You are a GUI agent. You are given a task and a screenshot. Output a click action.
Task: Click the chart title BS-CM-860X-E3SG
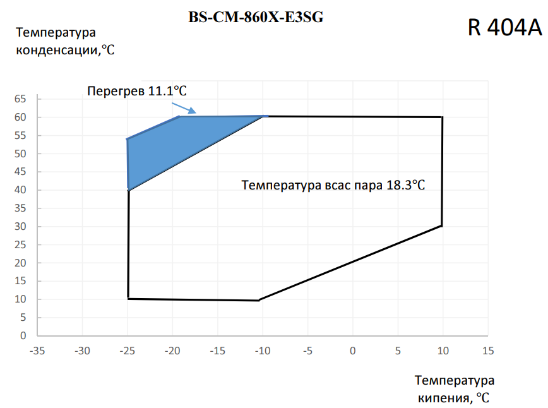[x=256, y=17]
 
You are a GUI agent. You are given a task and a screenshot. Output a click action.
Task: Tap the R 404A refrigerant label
[x=504, y=27]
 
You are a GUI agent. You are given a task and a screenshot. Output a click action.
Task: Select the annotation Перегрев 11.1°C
[x=137, y=91]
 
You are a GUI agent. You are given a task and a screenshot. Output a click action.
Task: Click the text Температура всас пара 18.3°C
[x=333, y=185]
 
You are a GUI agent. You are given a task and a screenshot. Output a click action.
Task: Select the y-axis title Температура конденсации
[x=65, y=41]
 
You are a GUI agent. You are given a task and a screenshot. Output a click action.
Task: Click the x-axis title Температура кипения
[x=455, y=389]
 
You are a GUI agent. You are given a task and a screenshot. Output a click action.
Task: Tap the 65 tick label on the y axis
[x=20, y=99]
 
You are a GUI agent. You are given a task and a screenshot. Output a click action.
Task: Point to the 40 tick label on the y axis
[x=20, y=190]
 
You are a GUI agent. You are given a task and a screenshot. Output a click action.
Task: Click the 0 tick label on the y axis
[x=23, y=335]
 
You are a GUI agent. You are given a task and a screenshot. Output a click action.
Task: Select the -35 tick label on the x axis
[x=37, y=351]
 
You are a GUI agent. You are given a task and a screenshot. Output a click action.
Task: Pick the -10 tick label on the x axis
[x=263, y=351]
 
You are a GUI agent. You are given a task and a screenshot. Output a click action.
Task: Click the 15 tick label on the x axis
[x=488, y=351]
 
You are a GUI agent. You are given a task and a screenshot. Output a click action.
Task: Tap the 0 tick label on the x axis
[x=353, y=351]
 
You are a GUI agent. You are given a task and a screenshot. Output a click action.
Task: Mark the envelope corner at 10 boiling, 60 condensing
[x=443, y=117]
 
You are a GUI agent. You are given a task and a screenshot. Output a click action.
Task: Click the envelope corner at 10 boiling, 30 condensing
[x=442, y=226]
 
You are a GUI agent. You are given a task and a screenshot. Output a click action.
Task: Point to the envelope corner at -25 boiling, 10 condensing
[x=128, y=299]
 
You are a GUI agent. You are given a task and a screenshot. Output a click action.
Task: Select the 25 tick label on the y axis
[x=20, y=244]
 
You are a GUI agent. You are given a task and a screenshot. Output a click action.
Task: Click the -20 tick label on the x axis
[x=172, y=351]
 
